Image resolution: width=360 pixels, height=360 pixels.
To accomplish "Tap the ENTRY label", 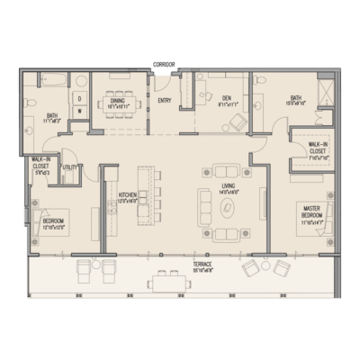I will coord(164,102).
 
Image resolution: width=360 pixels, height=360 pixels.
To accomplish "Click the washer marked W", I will coord(79,112).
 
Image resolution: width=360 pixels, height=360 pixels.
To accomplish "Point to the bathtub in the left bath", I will coord(42,85).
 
